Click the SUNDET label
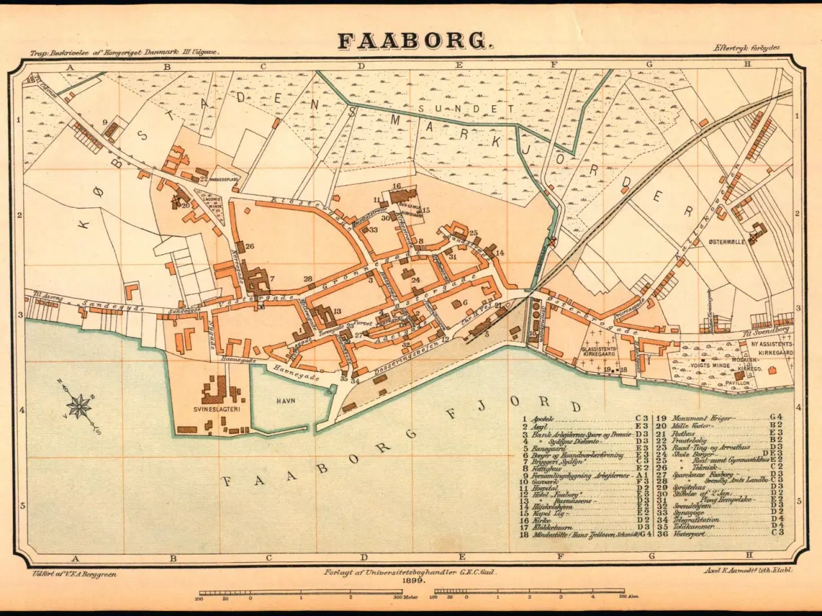click(x=440, y=108)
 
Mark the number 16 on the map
click(x=396, y=186)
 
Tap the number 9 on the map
click(x=103, y=121)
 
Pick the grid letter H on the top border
click(x=747, y=65)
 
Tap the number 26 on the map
click(x=250, y=246)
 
